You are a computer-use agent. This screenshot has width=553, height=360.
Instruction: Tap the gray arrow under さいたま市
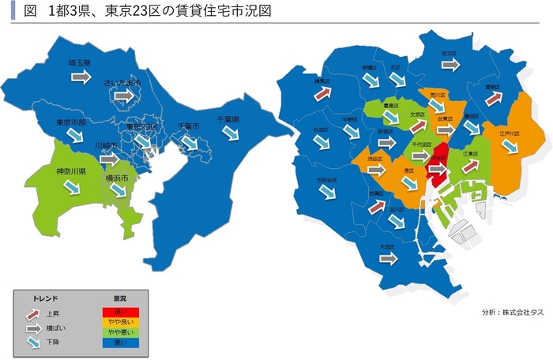pyautogui.click(x=123, y=96)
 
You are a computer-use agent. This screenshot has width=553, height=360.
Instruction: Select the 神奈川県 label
pyautogui.click(x=71, y=171)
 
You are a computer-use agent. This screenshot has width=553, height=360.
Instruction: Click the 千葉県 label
pyautogui.click(x=228, y=120)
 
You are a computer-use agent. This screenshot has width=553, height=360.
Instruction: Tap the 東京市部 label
pyautogui.click(x=72, y=122)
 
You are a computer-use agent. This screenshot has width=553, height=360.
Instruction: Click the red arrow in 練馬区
pyautogui.click(x=321, y=93)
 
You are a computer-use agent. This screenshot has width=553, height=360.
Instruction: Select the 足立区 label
pyautogui.click(x=450, y=54)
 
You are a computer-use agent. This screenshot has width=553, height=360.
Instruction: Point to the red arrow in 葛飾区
pyautogui.click(x=494, y=99)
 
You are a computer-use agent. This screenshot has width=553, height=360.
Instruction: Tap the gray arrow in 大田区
pyautogui.click(x=387, y=258)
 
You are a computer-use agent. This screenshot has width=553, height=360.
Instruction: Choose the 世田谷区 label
pyautogui.click(x=327, y=180)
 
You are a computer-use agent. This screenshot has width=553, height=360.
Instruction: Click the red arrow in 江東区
pyautogui.click(x=469, y=167)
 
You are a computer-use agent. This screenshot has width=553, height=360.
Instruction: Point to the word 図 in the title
pyautogui.click(x=29, y=12)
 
